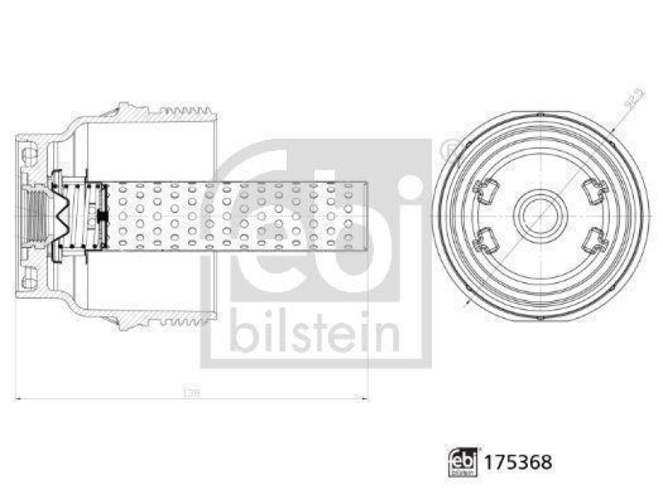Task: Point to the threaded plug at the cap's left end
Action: pyautogui.click(x=36, y=216)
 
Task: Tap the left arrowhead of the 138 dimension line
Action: pyautogui.click(x=19, y=398)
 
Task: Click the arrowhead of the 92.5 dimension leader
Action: pyautogui.click(x=612, y=129)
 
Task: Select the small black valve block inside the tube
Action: pyautogui.click(x=101, y=217)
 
